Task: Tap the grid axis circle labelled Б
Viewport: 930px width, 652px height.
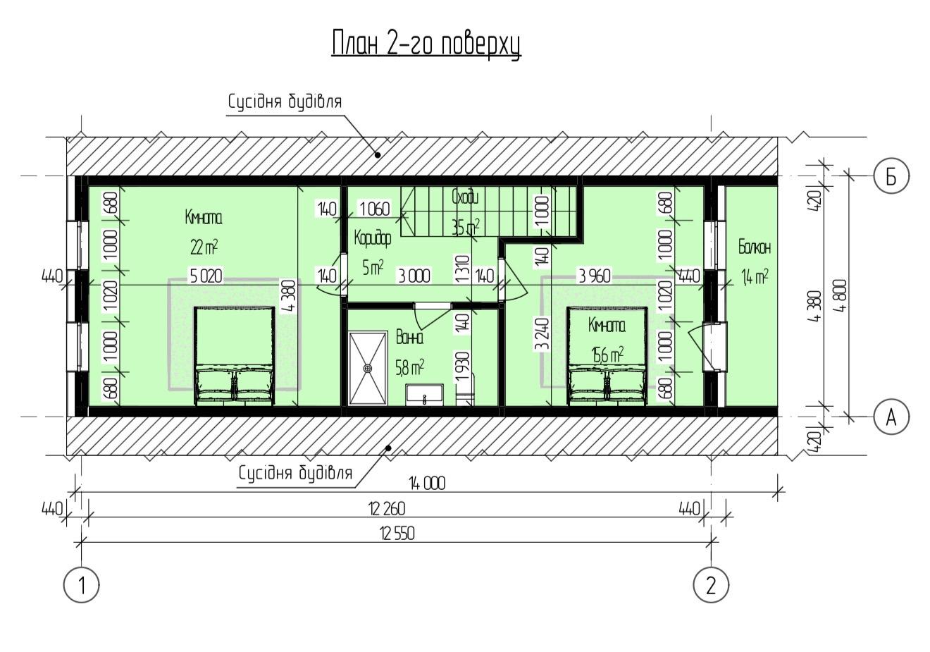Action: pyautogui.click(x=891, y=176)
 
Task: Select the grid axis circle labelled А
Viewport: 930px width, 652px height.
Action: pyautogui.click(x=891, y=417)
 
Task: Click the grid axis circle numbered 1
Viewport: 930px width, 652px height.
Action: pyautogui.click(x=82, y=585)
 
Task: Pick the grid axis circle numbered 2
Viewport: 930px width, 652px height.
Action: pyautogui.click(x=711, y=585)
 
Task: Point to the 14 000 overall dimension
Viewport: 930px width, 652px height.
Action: pyautogui.click(x=427, y=484)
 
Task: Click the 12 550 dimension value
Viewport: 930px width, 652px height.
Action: pyautogui.click(x=397, y=534)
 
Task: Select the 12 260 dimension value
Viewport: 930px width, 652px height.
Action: pyautogui.click(x=387, y=509)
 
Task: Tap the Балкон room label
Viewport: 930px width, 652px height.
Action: pyautogui.click(x=755, y=247)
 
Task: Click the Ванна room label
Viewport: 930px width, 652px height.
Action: pyautogui.click(x=410, y=337)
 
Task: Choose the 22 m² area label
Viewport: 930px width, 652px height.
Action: pyautogui.click(x=204, y=248)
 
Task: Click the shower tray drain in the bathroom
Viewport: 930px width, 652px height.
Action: pyautogui.click(x=368, y=369)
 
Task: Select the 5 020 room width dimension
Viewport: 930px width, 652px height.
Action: pyautogui.click(x=206, y=276)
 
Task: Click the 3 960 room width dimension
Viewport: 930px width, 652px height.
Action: pyautogui.click(x=595, y=276)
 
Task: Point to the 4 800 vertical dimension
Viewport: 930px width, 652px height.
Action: pyautogui.click(x=839, y=295)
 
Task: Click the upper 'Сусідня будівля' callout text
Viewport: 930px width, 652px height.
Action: pyautogui.click(x=285, y=102)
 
